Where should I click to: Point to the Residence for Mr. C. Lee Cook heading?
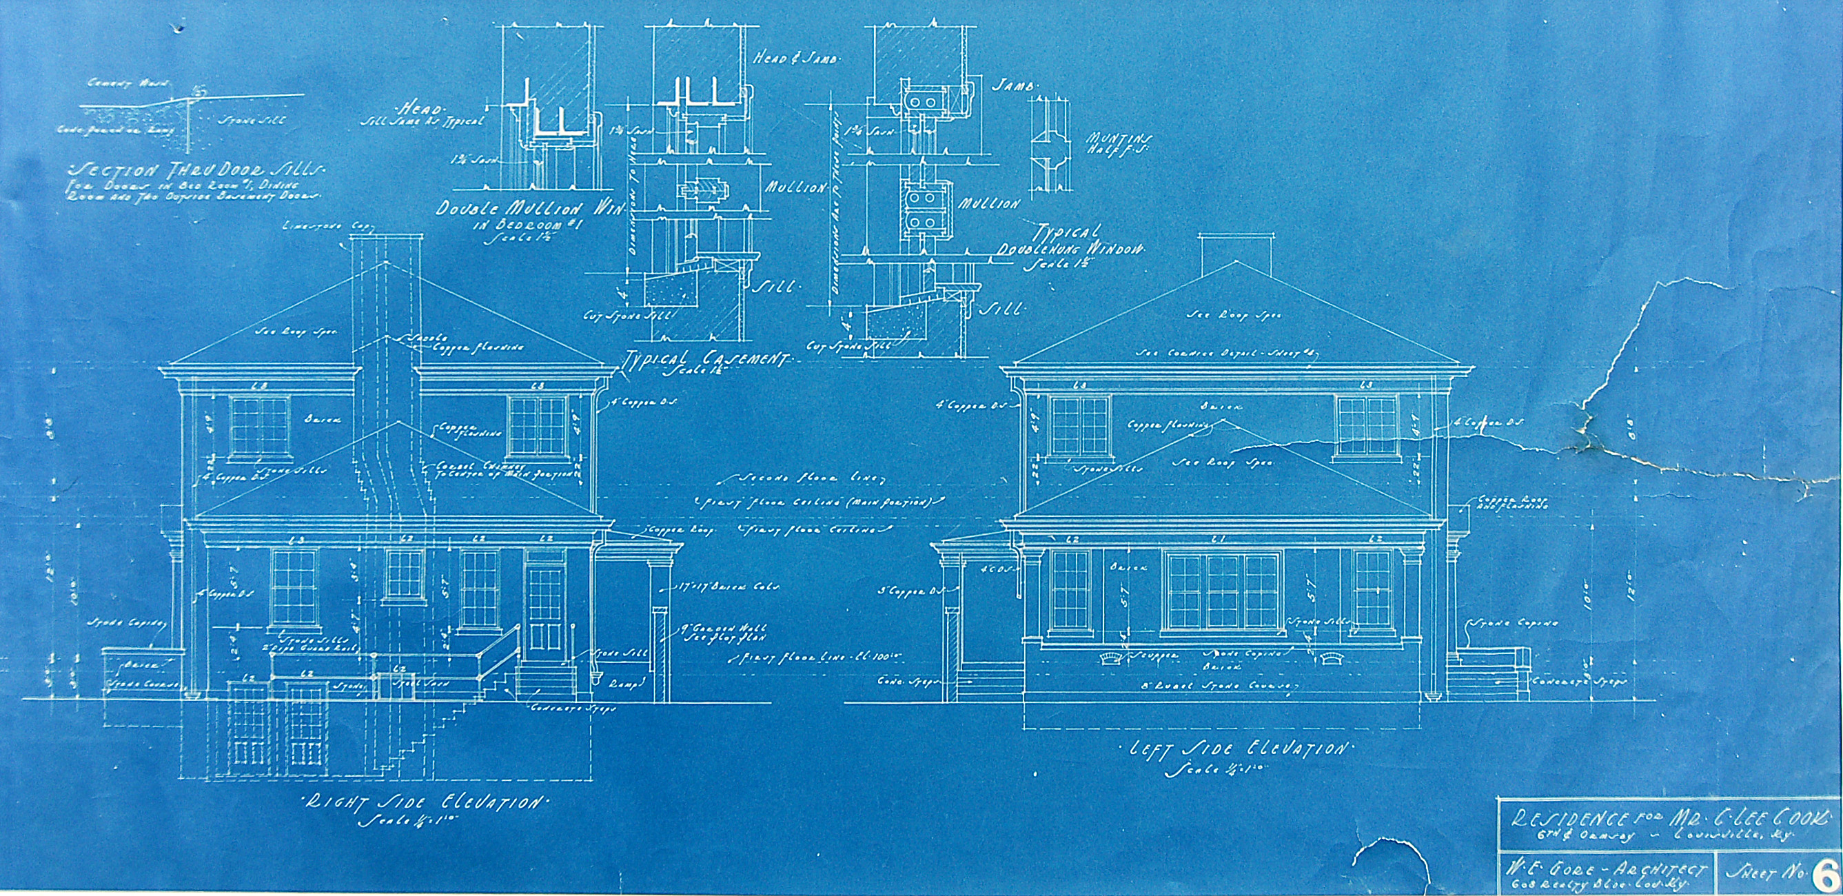(1667, 819)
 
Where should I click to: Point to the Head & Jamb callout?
(795, 59)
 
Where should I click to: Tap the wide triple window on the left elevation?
(1221, 592)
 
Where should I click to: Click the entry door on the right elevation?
(547, 609)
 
